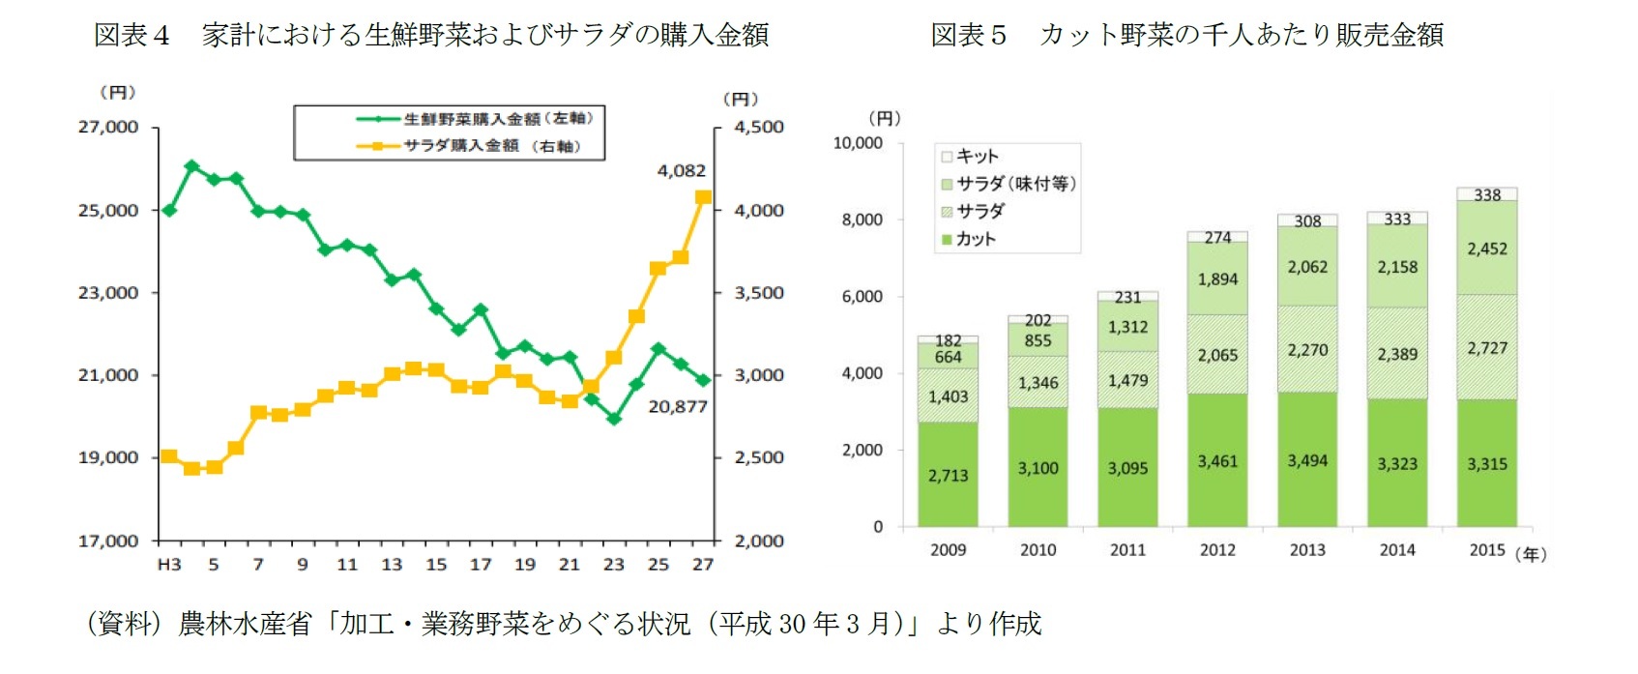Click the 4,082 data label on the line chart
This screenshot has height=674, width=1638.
coord(682,171)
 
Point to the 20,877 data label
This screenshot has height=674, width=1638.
coord(678,407)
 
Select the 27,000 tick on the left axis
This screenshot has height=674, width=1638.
coord(108,127)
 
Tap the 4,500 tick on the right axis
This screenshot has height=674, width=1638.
coord(759,127)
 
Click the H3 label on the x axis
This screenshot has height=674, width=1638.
coord(169,565)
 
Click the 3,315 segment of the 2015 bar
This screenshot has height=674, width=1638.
coord(1486,464)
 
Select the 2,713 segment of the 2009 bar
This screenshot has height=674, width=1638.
coord(948,475)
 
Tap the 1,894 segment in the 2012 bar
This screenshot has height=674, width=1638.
coord(1217,279)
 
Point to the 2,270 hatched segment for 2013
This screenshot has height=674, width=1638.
coord(1307,350)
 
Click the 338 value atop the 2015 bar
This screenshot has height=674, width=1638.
coord(1487,195)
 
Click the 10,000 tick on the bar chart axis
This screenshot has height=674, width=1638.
coord(858,143)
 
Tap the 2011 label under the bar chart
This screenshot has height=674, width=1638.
coord(1127,550)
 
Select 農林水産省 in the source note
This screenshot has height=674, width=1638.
coord(245,624)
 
